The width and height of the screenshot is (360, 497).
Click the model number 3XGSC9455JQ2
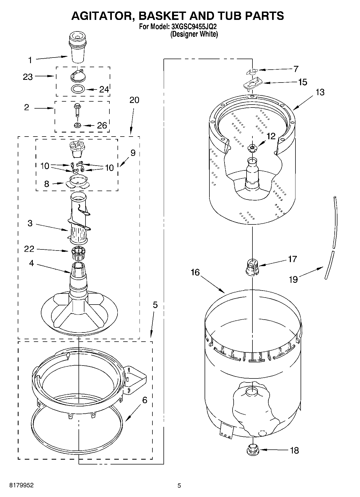[194, 27]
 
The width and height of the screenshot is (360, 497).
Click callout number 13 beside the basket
[320, 92]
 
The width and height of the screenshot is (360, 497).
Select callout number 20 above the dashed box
[134, 100]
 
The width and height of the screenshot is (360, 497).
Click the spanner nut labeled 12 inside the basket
[252, 148]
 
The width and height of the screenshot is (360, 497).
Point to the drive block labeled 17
[252, 267]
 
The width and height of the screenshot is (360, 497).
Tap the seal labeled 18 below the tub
[252, 449]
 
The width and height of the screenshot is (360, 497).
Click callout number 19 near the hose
[293, 280]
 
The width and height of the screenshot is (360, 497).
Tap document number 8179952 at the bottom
[22, 485]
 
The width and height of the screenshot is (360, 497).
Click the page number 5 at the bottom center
[179, 485]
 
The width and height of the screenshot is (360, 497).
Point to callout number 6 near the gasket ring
[145, 400]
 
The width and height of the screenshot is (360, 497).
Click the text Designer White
[194, 34]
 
